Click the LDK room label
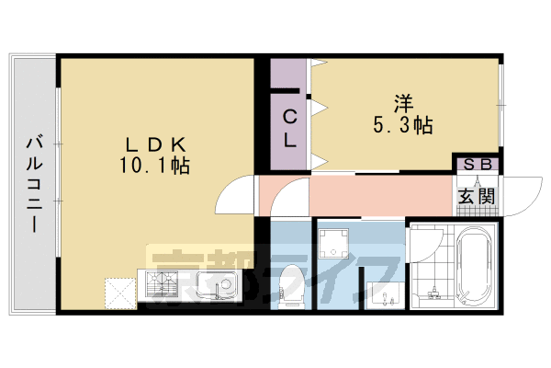click(156, 144)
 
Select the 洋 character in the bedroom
click(405, 100)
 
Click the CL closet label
click(288, 129)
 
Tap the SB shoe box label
click(477, 165)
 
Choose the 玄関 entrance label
click(477, 195)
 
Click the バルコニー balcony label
click(35, 184)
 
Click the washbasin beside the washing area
click(383, 293)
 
